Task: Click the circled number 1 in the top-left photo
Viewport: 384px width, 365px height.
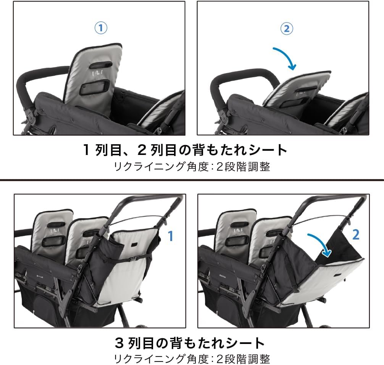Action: coord(100,28)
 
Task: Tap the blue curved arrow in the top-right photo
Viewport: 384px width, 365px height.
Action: coord(285,58)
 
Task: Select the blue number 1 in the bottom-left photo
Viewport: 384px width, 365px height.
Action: coord(170,236)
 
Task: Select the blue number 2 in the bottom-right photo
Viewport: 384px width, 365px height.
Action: coord(356,235)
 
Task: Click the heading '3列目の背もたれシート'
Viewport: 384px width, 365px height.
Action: coord(190,342)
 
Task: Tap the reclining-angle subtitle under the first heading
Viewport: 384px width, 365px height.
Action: coord(192,167)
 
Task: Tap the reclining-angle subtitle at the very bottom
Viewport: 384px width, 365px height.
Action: coord(192,359)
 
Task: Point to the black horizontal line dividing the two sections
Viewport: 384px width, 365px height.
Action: coord(192,180)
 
